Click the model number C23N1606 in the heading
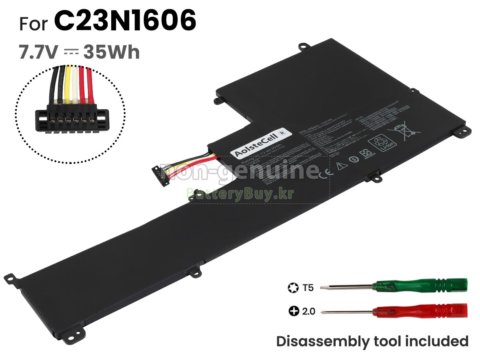(125, 21)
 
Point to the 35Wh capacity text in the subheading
(112, 52)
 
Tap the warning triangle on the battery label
(340, 166)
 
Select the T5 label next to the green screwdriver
(308, 287)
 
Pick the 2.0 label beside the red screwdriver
(308, 311)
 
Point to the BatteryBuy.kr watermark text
(240, 194)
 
